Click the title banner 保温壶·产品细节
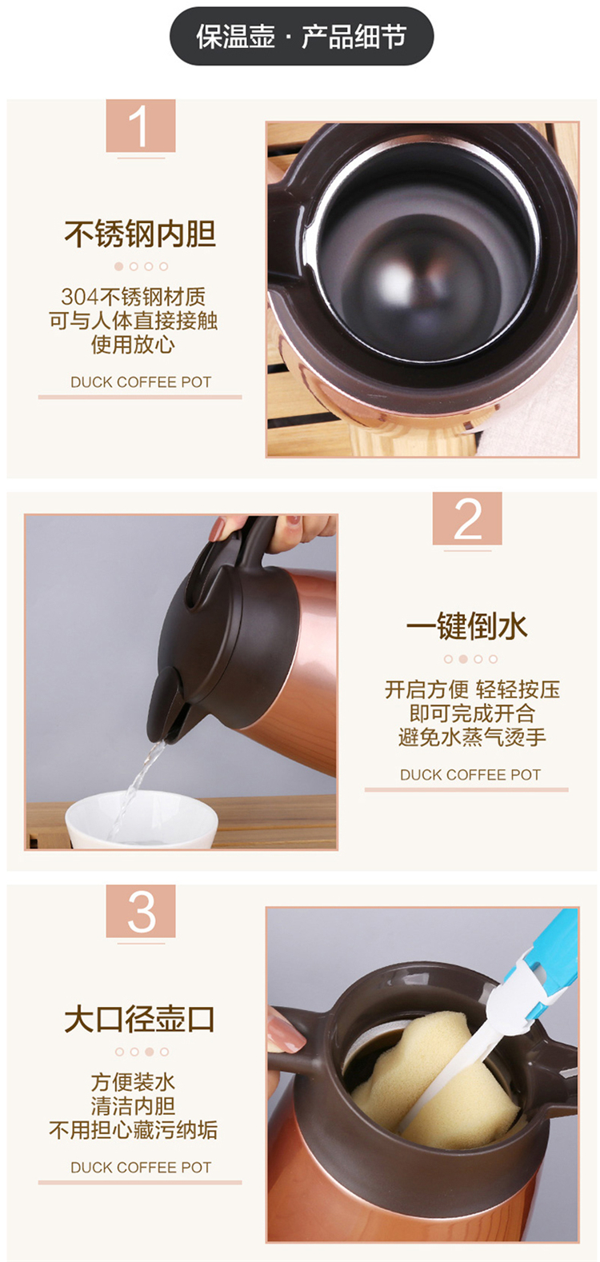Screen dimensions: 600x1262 coord(302,37)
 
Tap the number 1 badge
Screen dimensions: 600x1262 coord(141,126)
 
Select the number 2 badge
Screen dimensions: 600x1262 coord(467,518)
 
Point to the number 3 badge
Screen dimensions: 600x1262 coord(141,910)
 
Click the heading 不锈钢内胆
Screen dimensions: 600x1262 coord(140,234)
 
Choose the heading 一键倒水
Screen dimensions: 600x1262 coord(467,626)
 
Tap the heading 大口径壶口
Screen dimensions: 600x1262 coord(140,1019)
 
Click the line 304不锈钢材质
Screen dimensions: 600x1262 coord(134,297)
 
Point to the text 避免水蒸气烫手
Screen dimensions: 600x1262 coord(472,737)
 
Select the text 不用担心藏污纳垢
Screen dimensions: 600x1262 coord(134,1129)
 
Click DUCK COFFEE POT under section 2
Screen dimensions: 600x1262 coord(470,775)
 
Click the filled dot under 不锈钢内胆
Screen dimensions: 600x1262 coord(119,266)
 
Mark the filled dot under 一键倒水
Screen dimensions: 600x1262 coord(463,659)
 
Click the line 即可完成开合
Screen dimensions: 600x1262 coord(472,713)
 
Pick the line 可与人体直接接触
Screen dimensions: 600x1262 coord(134,321)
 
